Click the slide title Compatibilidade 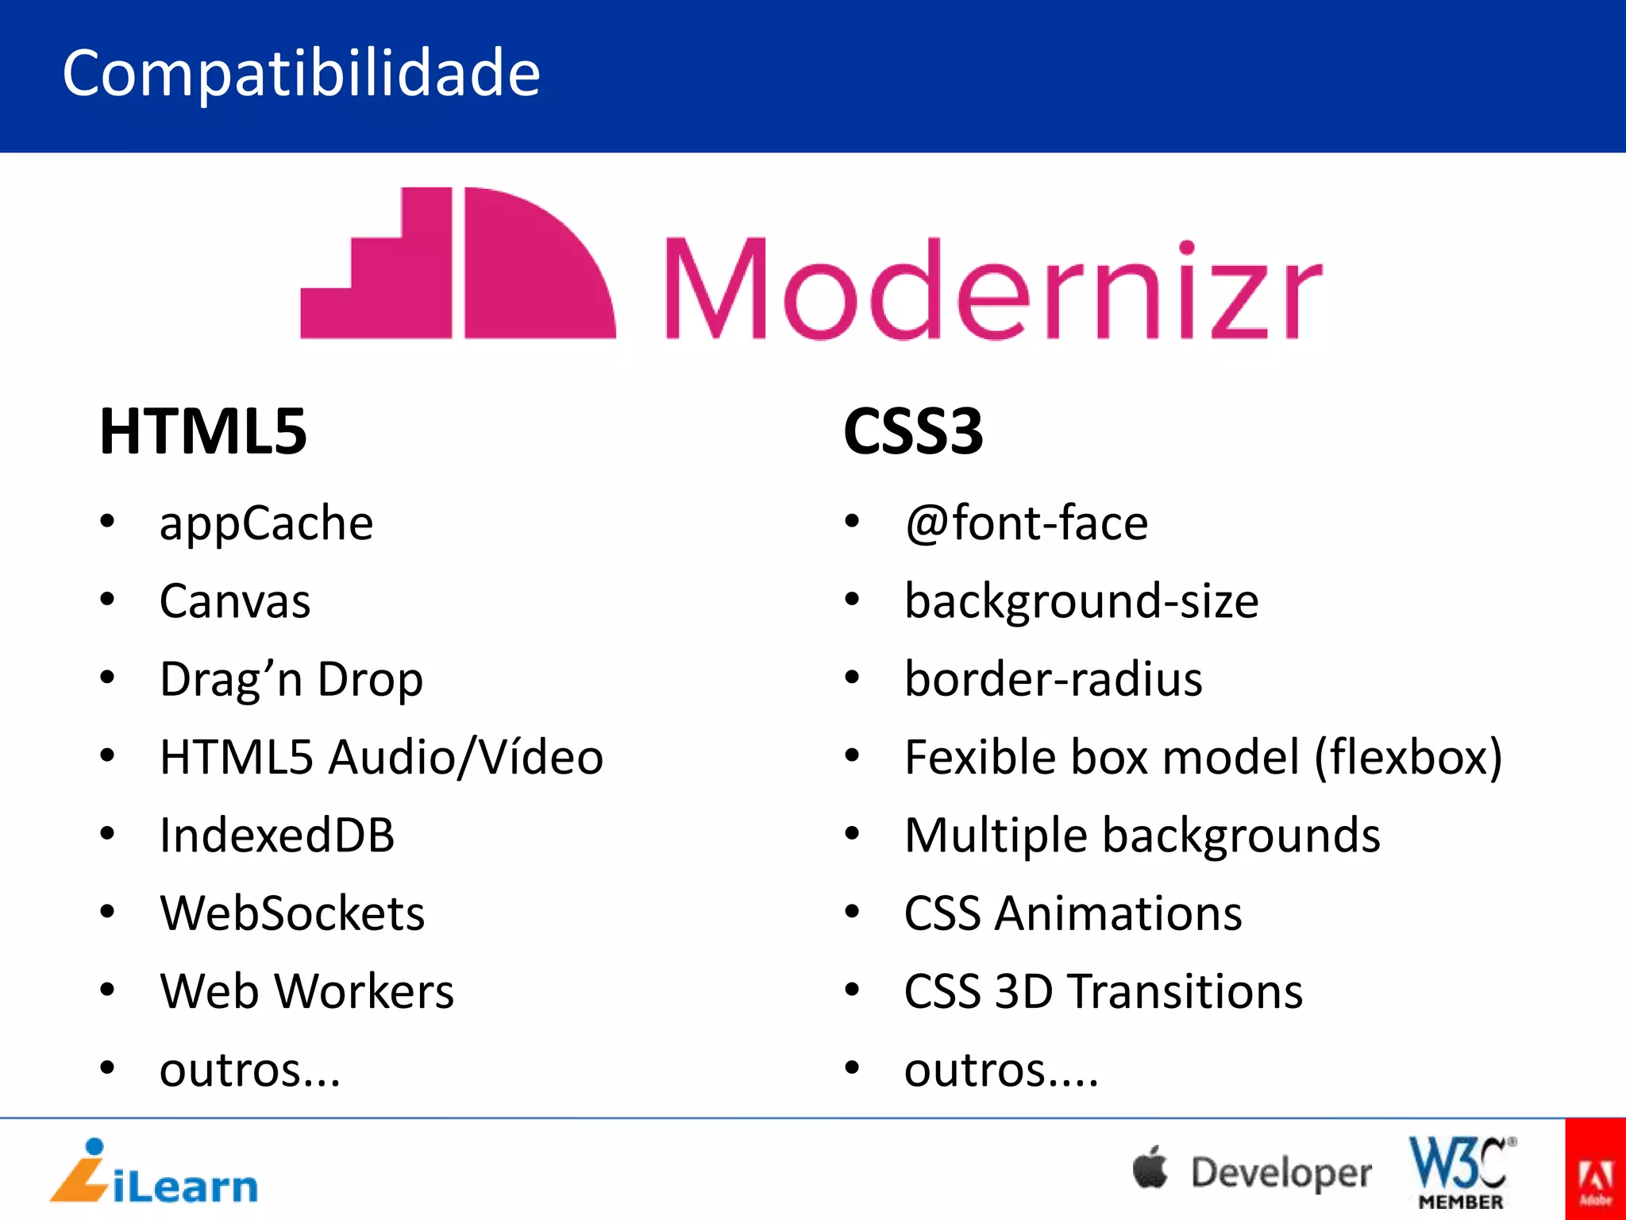coord(301,72)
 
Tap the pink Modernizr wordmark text coord(992,289)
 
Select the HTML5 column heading coord(203,431)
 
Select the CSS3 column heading coord(913,431)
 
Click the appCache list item coord(266,523)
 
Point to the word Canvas coord(235,601)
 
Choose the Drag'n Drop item coord(291,680)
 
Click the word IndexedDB coord(277,836)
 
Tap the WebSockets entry coord(292,913)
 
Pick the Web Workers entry coord(306,991)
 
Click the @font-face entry coord(1026,523)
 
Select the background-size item coord(1081,601)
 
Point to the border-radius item coord(1054,680)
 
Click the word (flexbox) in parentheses coord(1408,757)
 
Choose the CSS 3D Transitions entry coord(1104,991)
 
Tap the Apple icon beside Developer coord(1150,1168)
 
